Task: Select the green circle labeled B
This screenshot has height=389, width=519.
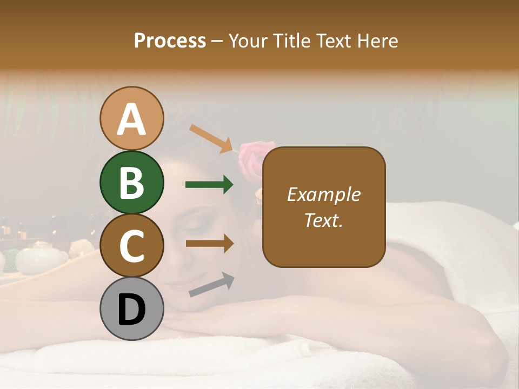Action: tap(132, 183)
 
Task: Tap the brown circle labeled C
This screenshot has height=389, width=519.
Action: tap(132, 246)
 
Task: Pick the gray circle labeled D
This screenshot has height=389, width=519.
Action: tap(132, 309)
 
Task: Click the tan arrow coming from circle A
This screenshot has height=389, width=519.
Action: tap(211, 138)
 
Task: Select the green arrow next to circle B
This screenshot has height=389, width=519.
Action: tap(210, 185)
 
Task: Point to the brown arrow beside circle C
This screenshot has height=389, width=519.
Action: tap(210, 244)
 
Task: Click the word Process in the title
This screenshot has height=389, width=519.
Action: tap(170, 41)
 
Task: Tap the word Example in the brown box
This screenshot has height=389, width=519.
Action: tap(323, 194)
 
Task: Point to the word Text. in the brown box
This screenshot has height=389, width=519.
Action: tap(323, 220)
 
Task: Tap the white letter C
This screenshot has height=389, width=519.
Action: tap(132, 246)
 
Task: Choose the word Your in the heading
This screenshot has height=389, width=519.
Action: tap(248, 41)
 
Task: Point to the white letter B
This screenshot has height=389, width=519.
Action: tap(132, 183)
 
